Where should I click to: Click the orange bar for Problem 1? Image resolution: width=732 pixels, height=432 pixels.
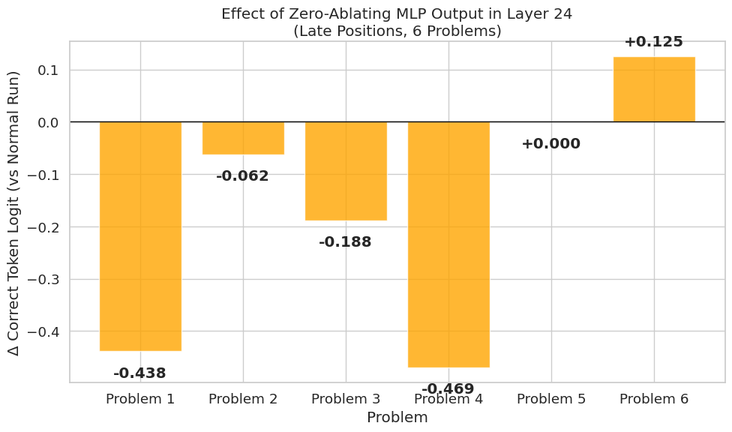pos(140,236)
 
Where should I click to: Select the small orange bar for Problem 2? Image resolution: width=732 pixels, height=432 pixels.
pos(243,138)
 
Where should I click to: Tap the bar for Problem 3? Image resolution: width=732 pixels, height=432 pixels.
pos(346,171)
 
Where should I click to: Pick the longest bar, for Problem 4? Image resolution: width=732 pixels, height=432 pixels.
pos(448,244)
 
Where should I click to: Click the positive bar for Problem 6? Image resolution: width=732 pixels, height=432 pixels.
pos(654,89)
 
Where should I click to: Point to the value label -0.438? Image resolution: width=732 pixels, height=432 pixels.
pos(139,373)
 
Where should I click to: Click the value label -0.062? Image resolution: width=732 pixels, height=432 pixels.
pos(242,176)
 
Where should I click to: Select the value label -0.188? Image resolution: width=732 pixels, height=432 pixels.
pos(345,242)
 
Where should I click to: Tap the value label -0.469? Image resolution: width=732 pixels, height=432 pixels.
pos(448,388)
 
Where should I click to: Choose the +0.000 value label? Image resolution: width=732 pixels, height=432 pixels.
pos(550,144)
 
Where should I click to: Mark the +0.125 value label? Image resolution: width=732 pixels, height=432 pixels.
pos(653,42)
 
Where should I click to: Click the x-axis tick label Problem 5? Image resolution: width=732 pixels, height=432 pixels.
pos(551,399)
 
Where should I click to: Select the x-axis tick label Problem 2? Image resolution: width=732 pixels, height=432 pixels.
pos(243,399)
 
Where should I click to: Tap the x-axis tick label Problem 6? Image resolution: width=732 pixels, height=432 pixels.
pos(654,399)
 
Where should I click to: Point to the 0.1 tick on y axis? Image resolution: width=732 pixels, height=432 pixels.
pos(49,70)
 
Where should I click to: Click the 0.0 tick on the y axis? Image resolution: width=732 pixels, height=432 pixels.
pos(49,122)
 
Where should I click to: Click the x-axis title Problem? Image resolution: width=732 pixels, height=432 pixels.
pos(397,418)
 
